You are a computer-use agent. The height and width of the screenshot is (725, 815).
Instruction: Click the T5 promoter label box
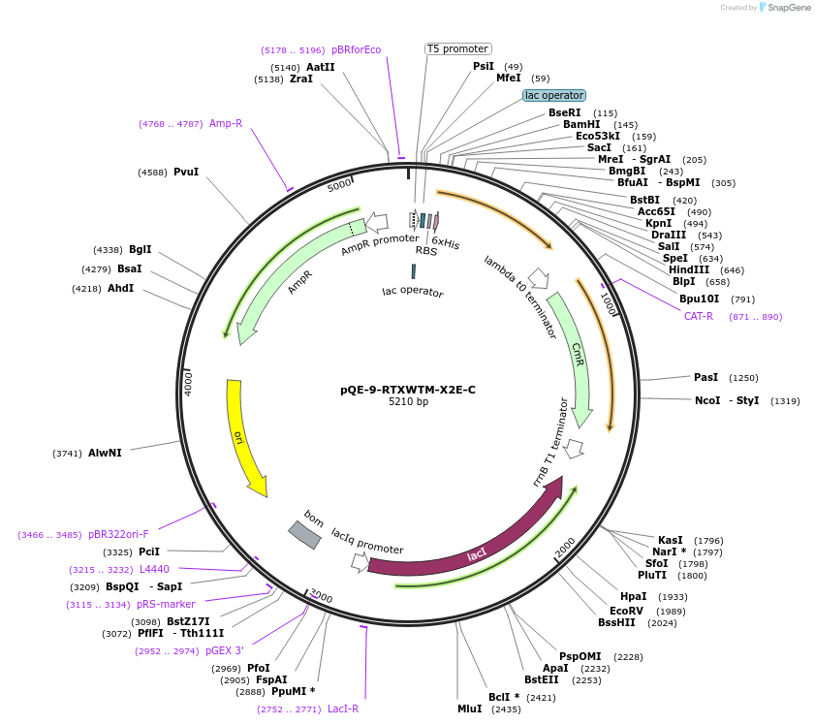tap(458, 48)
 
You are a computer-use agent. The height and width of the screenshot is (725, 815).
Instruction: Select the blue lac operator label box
tap(554, 95)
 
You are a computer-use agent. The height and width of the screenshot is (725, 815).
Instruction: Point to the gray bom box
tap(304, 534)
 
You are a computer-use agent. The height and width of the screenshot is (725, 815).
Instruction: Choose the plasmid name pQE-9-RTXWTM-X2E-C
tap(408, 390)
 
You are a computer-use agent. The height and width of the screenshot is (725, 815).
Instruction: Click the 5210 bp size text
tap(408, 402)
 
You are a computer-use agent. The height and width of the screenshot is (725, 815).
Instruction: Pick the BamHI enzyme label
tap(581, 125)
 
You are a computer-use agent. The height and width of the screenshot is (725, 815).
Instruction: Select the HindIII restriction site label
tap(688, 270)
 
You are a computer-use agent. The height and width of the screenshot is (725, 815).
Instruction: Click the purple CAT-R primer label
tap(698, 316)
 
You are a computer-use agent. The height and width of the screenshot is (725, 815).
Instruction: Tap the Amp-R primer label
tap(226, 123)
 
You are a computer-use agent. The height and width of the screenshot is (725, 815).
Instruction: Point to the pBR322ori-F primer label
tap(118, 534)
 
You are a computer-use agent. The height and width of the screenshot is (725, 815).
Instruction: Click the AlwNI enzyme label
tap(105, 453)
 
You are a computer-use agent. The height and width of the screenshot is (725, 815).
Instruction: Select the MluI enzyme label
tap(470, 709)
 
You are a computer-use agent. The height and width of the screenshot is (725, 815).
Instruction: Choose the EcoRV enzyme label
tap(626, 611)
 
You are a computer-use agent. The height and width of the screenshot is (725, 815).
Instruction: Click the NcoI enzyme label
tap(707, 400)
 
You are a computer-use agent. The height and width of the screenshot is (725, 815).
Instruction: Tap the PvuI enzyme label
tap(186, 173)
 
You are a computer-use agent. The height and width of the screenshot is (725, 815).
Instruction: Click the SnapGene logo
tap(785, 8)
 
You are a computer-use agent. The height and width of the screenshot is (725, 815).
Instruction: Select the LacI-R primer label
tap(343, 709)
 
